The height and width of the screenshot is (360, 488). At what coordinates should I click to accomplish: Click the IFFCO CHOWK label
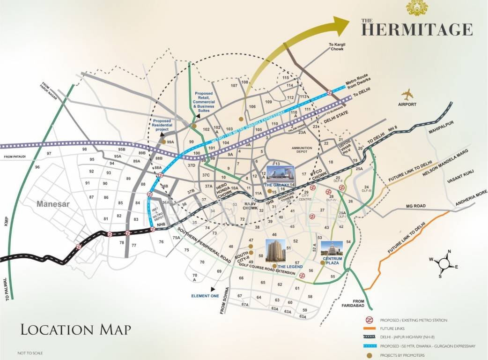320,175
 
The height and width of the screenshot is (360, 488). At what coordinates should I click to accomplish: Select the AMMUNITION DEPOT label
305,150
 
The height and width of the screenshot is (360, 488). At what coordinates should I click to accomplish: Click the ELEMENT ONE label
205,296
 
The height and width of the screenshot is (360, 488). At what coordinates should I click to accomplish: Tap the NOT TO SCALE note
30,352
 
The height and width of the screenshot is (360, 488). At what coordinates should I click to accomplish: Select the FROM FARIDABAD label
359,304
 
